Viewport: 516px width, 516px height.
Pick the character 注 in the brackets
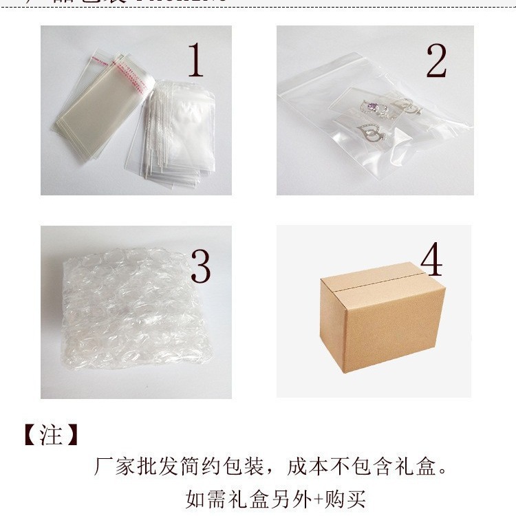[x=51, y=435]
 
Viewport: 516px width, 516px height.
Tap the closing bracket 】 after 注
[x=72, y=435]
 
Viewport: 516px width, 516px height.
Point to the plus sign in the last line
[x=314, y=497]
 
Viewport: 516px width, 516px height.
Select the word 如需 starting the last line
[x=204, y=497]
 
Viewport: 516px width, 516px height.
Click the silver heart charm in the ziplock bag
[x=375, y=133]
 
